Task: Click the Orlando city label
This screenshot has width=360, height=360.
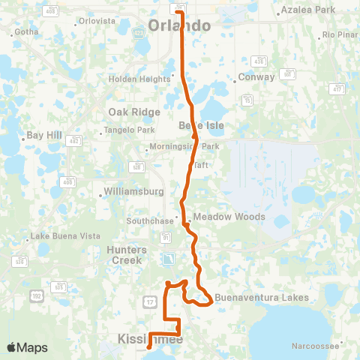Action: pos(179,26)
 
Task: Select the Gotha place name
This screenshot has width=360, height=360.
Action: pos(25,32)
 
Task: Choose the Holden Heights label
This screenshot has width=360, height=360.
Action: pos(139,79)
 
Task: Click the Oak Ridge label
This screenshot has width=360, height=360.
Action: pos(134,112)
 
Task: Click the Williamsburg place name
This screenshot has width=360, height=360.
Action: pos(134,191)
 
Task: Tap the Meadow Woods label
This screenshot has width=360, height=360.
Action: pos(229,217)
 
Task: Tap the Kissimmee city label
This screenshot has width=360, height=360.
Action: pos(150,340)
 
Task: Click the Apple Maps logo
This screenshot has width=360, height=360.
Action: pos(26,347)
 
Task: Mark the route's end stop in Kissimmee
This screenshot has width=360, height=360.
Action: pos(150,347)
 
